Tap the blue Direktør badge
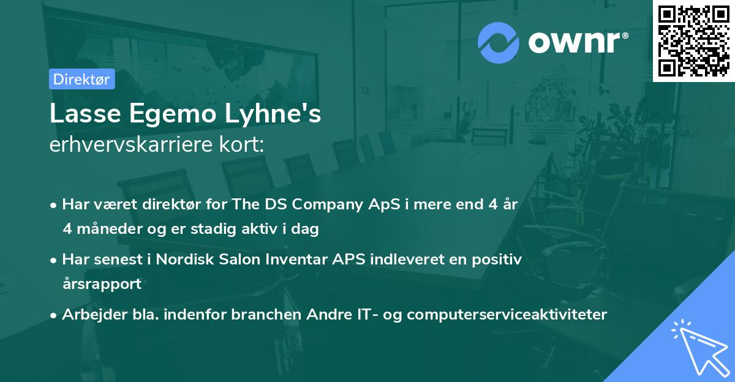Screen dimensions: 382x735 point(81,80)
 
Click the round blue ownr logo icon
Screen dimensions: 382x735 point(499,43)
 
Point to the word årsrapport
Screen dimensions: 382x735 point(102,284)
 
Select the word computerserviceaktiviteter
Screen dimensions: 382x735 point(507,315)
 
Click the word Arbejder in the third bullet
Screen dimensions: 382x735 point(89,315)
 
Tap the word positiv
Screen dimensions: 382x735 point(498,260)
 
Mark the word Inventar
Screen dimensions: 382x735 point(296,260)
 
